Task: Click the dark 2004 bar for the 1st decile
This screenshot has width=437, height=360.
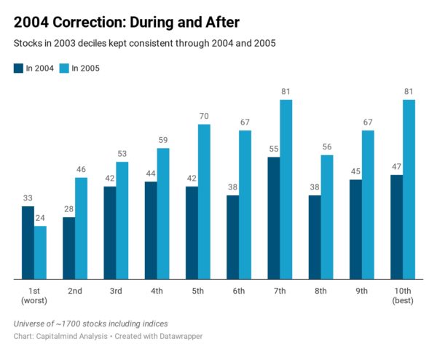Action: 28,243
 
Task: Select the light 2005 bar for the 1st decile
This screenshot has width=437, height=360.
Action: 40,253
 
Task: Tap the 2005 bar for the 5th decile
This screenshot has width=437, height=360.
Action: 204,202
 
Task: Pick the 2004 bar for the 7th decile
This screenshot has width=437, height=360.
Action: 274,218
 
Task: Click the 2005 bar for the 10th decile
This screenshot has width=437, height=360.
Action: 409,189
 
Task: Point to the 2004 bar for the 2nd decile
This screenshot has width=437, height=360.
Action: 69,249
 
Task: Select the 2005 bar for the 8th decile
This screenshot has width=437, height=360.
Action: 327,217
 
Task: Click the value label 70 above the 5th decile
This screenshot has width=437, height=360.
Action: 204,116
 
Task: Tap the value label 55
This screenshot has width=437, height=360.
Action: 274,149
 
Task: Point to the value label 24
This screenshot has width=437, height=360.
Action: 40,218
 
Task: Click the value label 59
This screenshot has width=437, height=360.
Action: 163,140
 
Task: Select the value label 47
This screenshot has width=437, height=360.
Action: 397,166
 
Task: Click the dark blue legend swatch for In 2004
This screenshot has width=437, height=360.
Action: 18,69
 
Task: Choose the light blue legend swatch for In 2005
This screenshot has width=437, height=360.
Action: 64,69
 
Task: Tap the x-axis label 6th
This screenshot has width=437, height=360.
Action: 239,291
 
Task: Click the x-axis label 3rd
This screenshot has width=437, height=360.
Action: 116,291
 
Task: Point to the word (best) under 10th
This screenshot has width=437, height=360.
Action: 403,300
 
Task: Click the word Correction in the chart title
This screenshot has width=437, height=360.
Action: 90,23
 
